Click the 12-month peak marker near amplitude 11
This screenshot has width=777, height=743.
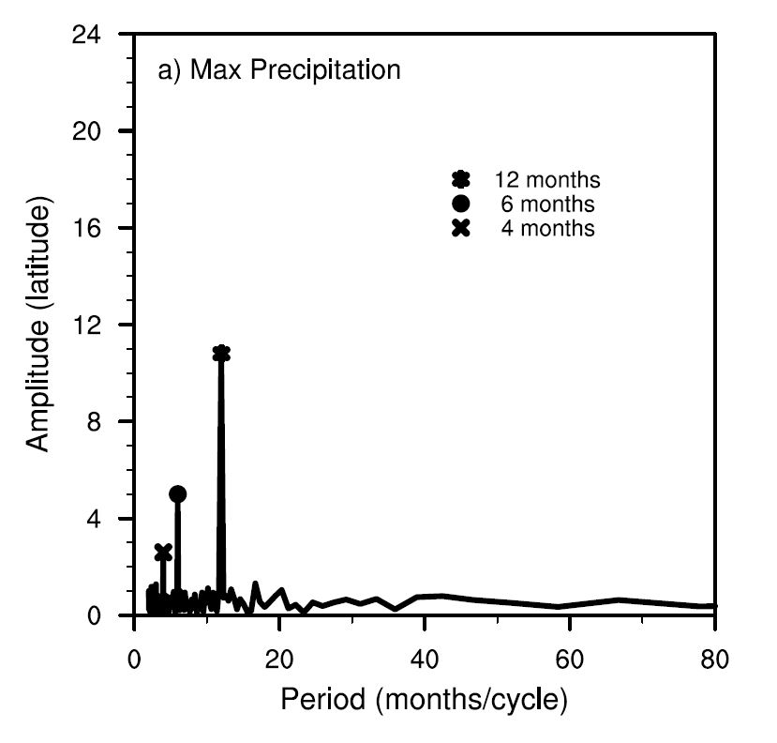pos(221,354)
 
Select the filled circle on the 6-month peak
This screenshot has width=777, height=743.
pos(177,494)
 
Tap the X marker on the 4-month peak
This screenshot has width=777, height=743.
pos(163,553)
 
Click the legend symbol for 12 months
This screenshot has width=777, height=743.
pos(460,179)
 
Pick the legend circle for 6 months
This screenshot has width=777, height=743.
pos(460,204)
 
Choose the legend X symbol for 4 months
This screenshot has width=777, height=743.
pos(460,227)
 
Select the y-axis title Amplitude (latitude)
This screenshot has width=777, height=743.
pos(38,326)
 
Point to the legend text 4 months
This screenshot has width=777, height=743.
pos(548,228)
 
